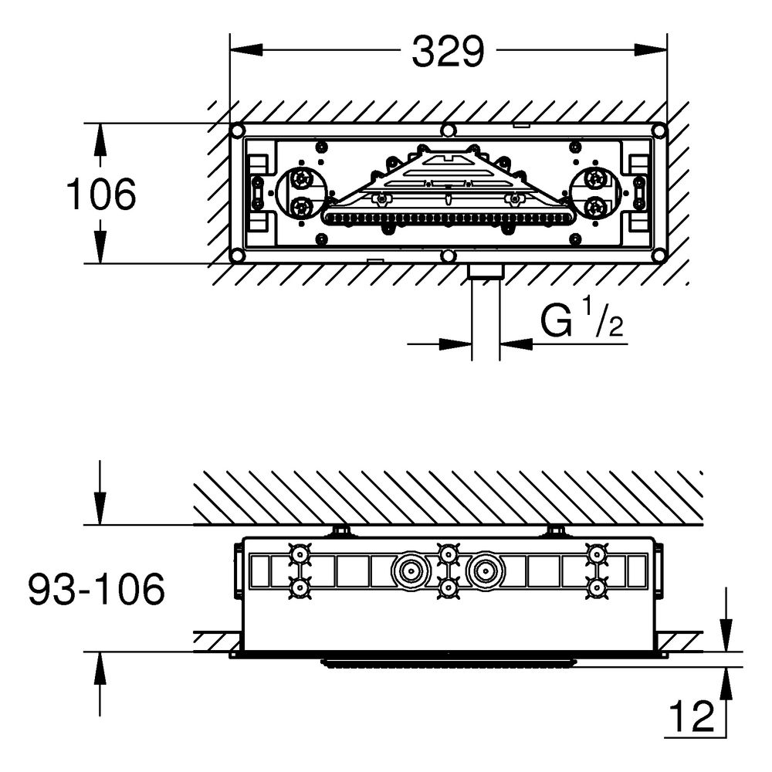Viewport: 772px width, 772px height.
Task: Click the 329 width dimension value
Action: coord(448,52)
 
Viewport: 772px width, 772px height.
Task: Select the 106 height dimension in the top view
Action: coord(101,194)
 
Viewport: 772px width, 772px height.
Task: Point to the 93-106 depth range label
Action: coord(96,589)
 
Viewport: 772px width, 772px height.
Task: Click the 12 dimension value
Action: coord(692,717)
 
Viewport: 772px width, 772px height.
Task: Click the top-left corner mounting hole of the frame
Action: coord(237,130)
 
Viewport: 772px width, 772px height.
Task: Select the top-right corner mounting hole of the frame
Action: coord(659,130)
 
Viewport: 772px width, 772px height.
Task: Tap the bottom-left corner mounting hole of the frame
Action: coord(237,256)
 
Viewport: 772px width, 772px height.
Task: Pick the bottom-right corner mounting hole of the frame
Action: coord(659,256)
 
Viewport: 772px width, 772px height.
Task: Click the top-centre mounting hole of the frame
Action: coord(448,130)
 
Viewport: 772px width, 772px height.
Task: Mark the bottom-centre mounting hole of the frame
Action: coord(448,256)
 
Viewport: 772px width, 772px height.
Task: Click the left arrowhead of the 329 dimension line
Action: coord(246,49)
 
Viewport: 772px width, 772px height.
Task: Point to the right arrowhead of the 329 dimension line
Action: coord(651,49)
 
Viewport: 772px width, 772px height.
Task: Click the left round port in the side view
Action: coord(410,571)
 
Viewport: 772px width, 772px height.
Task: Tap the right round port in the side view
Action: coord(486,571)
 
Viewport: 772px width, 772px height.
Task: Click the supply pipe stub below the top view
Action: coord(486,315)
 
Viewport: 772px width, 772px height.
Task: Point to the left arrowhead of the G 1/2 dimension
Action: coord(455,344)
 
